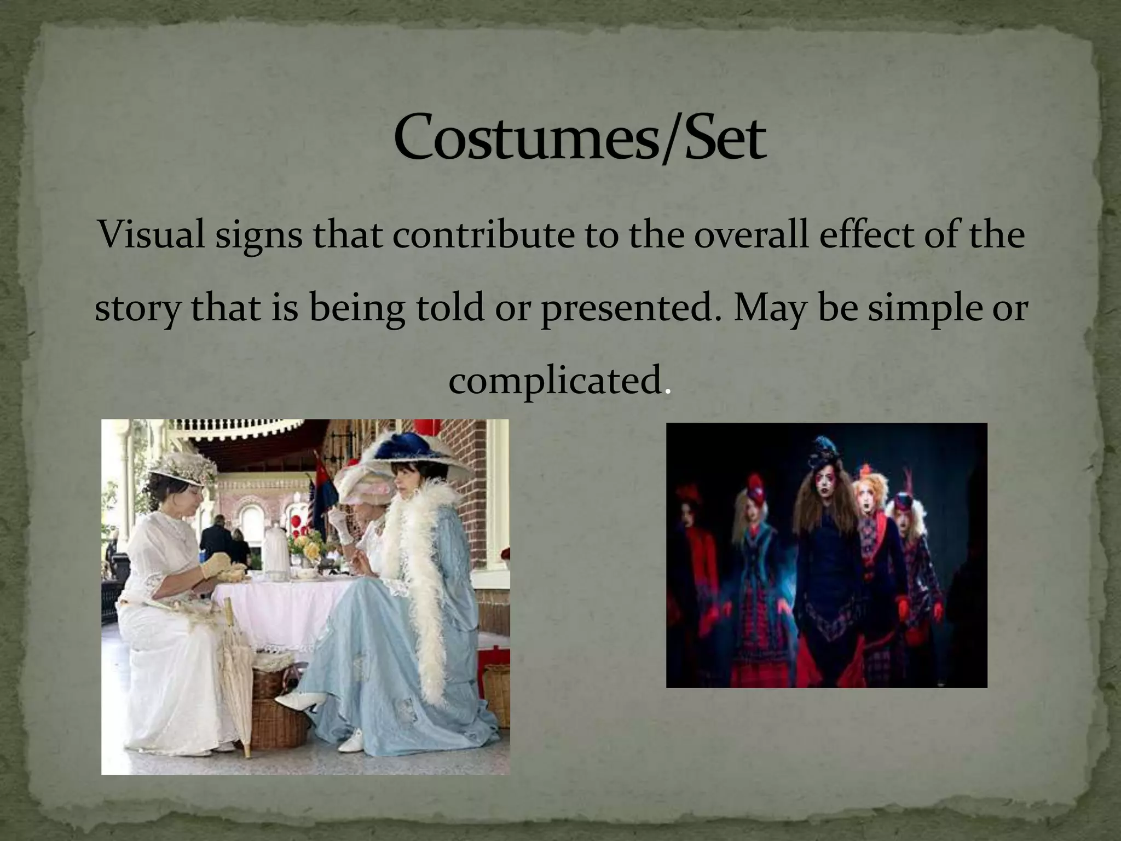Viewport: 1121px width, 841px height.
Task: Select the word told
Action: [x=450, y=308]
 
